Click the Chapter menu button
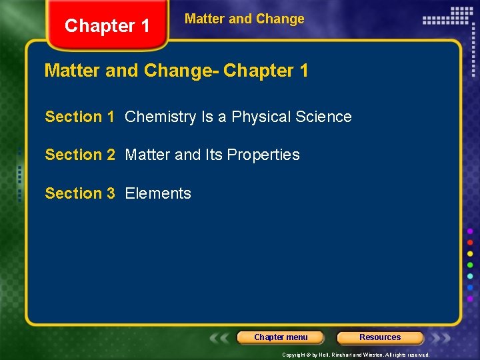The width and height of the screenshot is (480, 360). coord(281,337)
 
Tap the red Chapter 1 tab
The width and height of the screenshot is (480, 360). coord(107,26)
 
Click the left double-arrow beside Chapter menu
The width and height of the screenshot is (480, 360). coord(221,337)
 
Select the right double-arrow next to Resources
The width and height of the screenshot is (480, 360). coord(440,337)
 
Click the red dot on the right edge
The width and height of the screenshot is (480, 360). coord(470,242)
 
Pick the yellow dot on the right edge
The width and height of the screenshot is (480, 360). coord(470,253)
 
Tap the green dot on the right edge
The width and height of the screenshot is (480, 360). coord(470,265)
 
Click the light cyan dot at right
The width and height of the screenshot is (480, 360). coord(470,276)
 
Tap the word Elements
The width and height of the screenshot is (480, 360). coord(158,193)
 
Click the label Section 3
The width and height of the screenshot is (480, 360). coord(79,193)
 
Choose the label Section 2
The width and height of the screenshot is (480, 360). coord(79,155)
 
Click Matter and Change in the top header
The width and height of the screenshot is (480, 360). coord(244,19)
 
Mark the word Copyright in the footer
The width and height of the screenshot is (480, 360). coord(294,355)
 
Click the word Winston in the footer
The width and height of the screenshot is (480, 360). coord(373,355)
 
